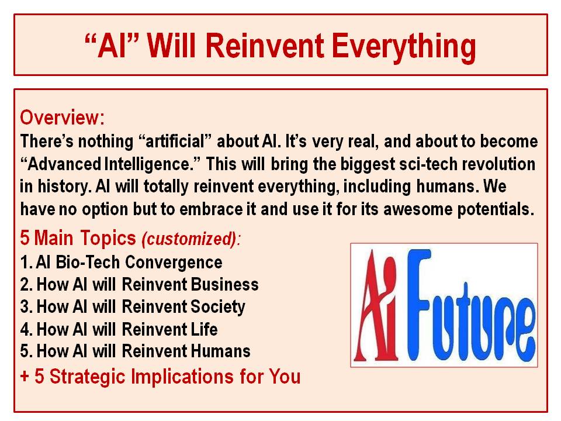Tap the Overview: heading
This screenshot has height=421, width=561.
63,118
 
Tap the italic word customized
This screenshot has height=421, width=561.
189,239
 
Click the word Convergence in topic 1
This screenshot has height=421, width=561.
174,263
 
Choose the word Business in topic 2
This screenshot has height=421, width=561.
224,284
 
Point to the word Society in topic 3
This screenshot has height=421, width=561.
217,307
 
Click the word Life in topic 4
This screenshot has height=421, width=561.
204,329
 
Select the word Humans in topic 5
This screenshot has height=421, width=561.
220,351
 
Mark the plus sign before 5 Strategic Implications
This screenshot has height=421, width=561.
25,377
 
